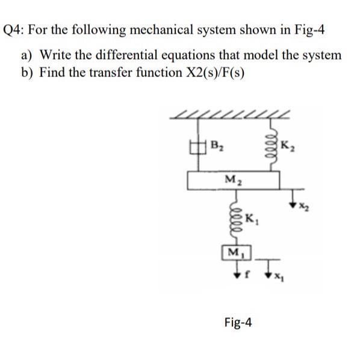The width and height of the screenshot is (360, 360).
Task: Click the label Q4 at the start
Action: (16, 29)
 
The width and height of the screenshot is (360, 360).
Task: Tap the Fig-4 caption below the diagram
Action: (237, 323)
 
